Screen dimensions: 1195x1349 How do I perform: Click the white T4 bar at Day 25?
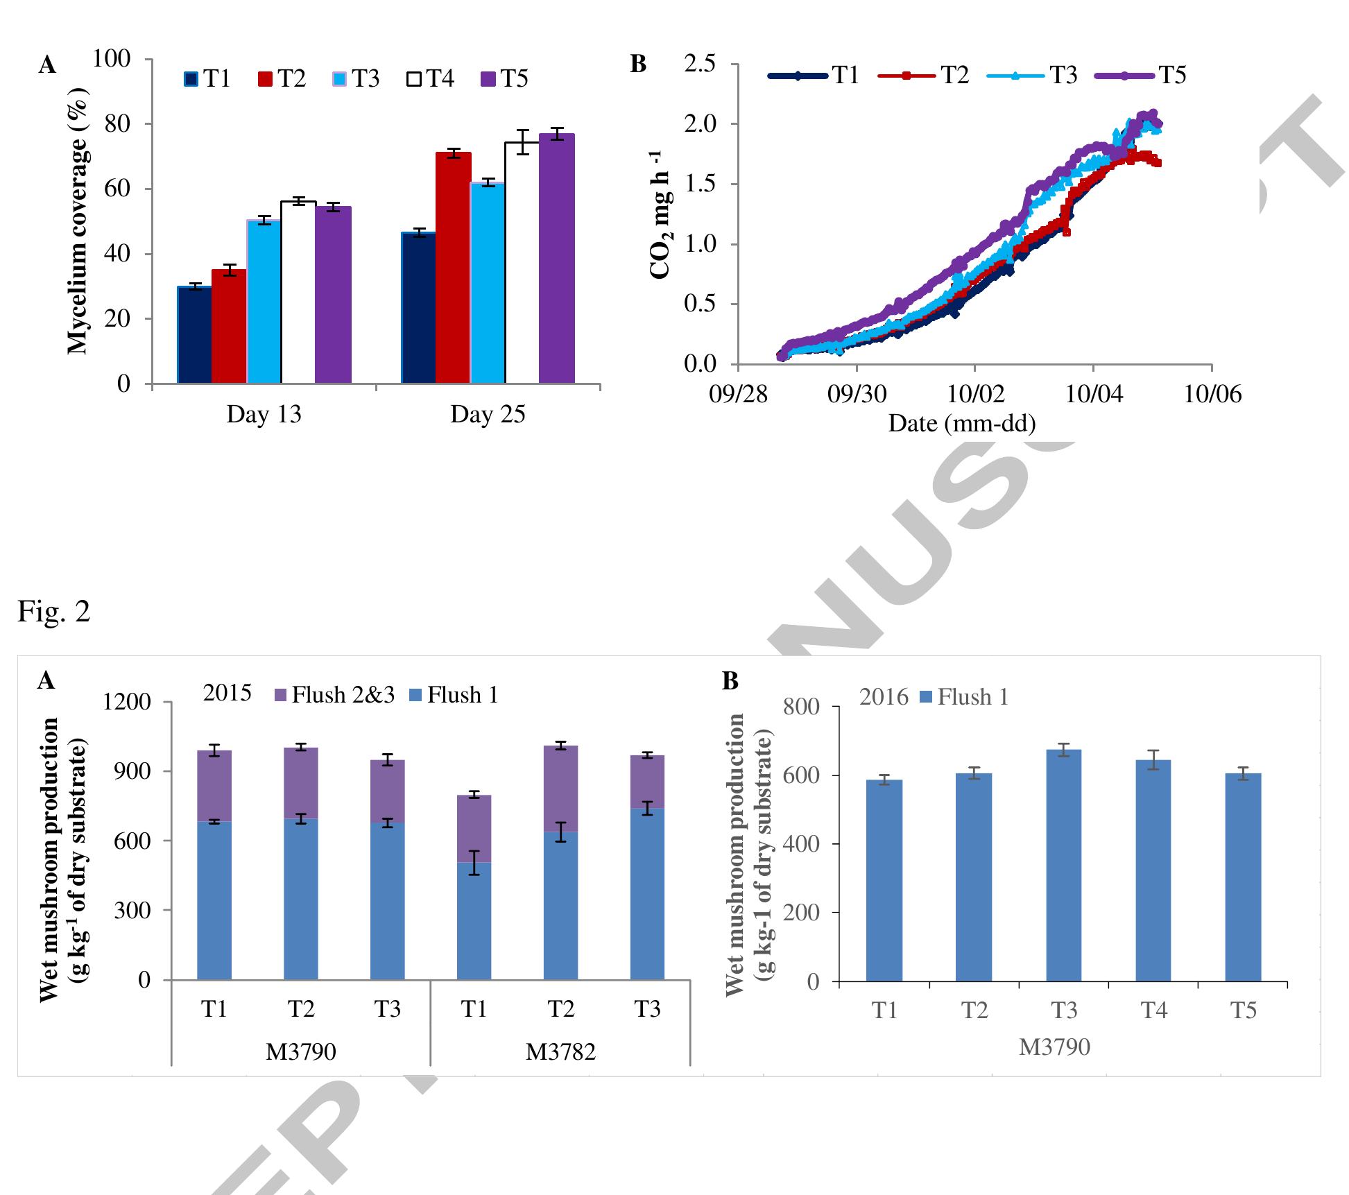[x=522, y=264]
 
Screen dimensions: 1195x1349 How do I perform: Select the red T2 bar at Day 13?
[x=229, y=326]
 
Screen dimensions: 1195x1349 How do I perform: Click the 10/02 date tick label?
[x=974, y=394]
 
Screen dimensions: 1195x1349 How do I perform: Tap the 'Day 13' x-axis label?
[x=264, y=415]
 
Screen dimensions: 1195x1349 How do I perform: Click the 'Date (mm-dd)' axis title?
[x=962, y=423]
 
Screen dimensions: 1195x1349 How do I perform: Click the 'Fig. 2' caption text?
[x=53, y=611]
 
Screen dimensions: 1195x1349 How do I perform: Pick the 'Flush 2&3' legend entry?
[x=334, y=695]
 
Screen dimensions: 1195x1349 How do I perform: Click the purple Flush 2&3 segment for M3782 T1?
[x=474, y=828]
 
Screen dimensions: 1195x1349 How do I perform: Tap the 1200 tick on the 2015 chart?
[x=127, y=702]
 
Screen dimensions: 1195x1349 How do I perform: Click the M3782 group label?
[x=560, y=1052]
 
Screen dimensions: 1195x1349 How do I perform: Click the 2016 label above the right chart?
[x=884, y=697]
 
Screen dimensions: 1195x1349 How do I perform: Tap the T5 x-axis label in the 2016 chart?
[x=1243, y=1011]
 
